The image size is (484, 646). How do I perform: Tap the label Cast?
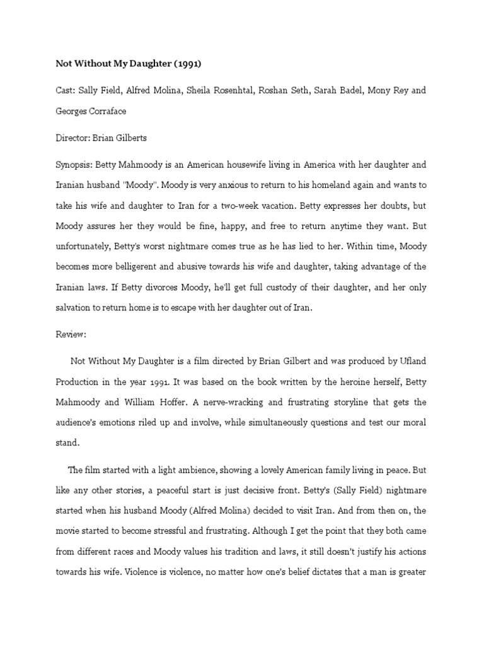[66, 90]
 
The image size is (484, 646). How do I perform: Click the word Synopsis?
[74, 165]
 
